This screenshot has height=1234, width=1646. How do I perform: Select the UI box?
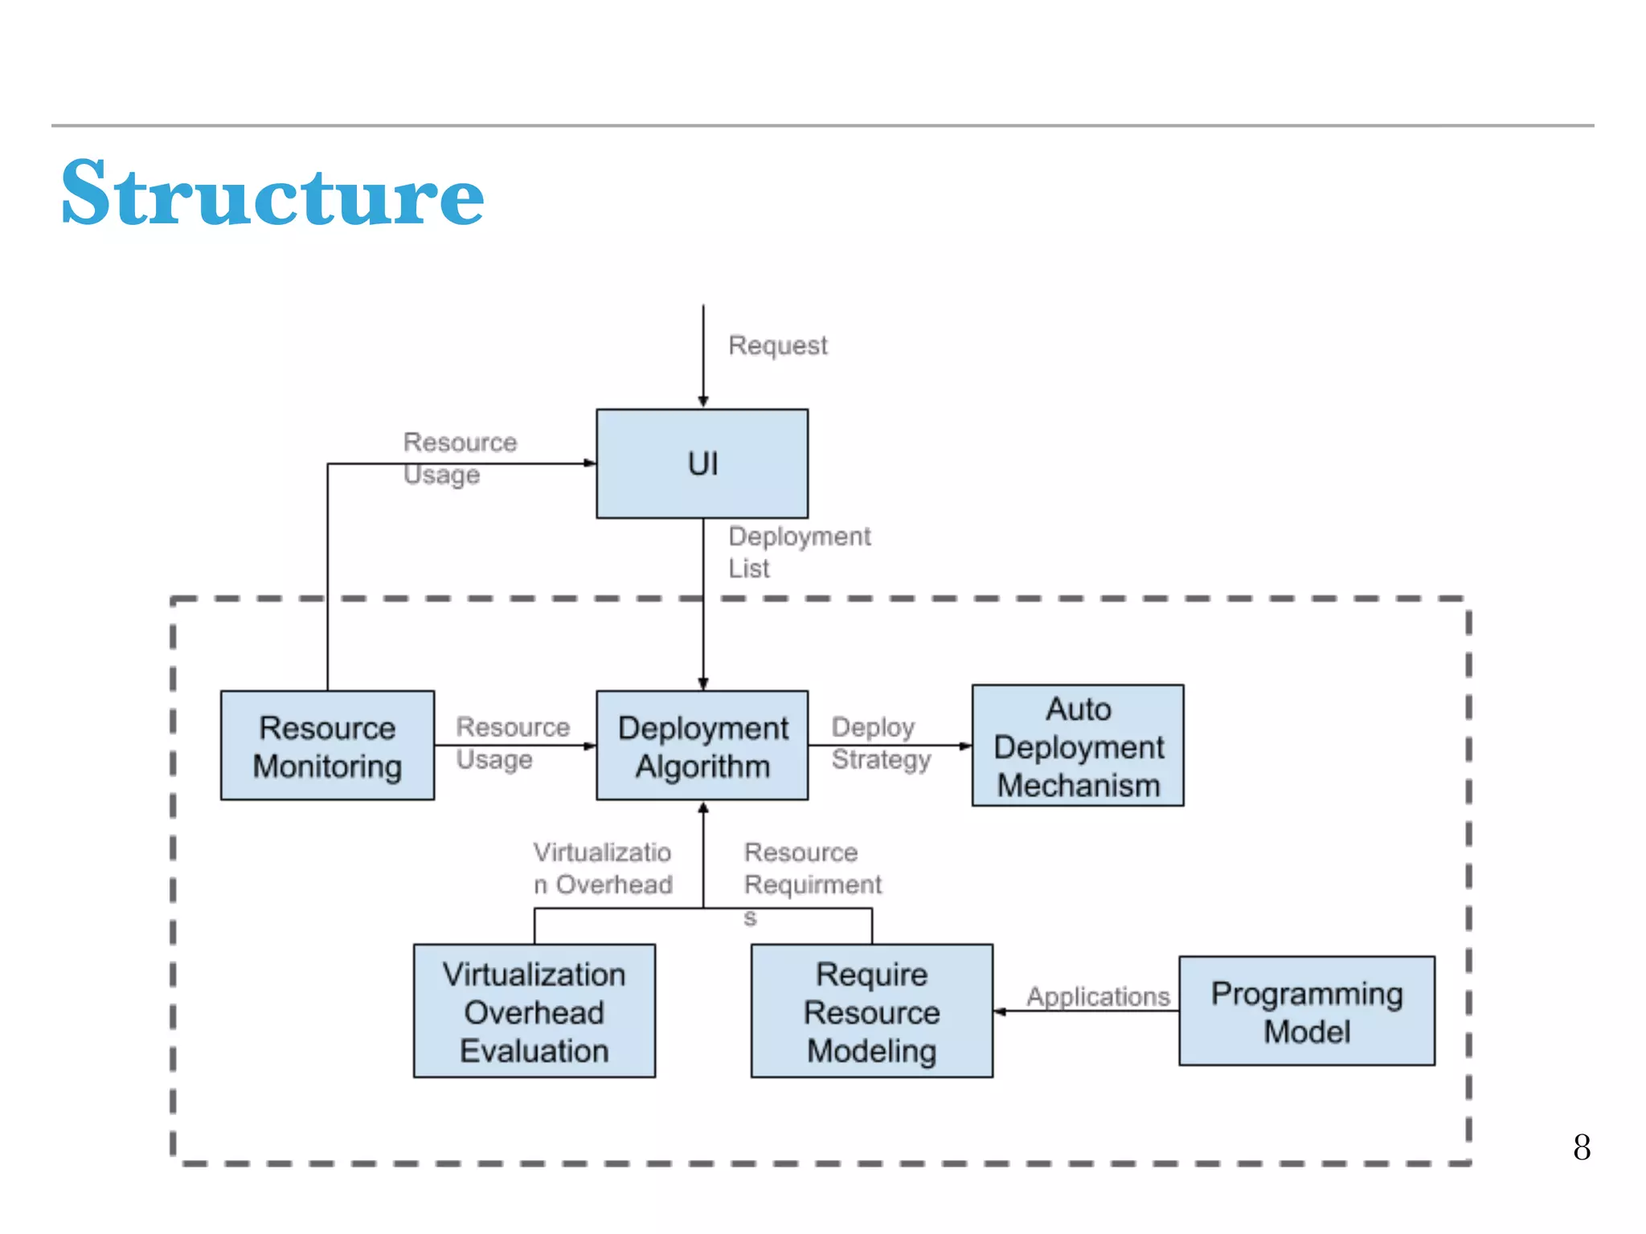pyautogui.click(x=702, y=464)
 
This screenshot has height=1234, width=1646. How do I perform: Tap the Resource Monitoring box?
pyautogui.click(x=327, y=746)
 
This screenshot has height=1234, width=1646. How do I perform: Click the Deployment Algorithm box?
pyautogui.click(x=702, y=746)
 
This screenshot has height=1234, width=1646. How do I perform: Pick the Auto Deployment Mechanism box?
pyautogui.click(x=1077, y=746)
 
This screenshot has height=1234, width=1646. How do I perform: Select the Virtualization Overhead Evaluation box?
pyautogui.click(x=534, y=1011)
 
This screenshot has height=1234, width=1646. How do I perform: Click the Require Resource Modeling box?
pyautogui.click(x=871, y=1011)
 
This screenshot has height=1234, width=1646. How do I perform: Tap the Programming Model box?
pyautogui.click(x=1306, y=1011)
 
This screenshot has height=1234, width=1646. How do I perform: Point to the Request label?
pyautogui.click(x=777, y=345)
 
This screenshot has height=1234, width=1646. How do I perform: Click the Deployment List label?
pyautogui.click(x=798, y=552)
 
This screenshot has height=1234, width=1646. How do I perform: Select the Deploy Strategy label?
pyautogui.click(x=880, y=743)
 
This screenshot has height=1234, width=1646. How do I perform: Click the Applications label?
pyautogui.click(x=1097, y=996)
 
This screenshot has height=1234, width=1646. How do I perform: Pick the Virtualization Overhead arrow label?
pyautogui.click(x=603, y=868)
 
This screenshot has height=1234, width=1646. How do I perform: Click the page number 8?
pyautogui.click(x=1581, y=1147)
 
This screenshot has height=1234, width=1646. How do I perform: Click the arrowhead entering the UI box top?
pyautogui.click(x=702, y=402)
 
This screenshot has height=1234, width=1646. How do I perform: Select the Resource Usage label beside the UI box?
pyautogui.click(x=459, y=458)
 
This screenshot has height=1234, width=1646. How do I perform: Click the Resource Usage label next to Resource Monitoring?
pyautogui.click(x=512, y=743)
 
